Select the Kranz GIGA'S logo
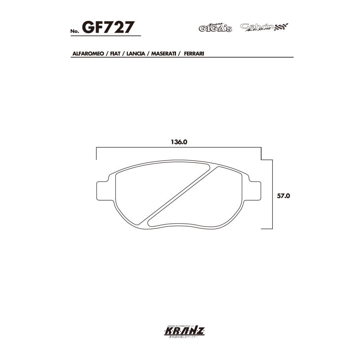(215, 28)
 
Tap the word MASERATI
(164, 53)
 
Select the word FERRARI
(194, 53)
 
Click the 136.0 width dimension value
(179, 142)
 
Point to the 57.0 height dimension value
(283, 196)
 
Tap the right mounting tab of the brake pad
(255, 191)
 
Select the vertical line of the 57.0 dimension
(272, 194)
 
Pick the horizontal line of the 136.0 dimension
(178, 148)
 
